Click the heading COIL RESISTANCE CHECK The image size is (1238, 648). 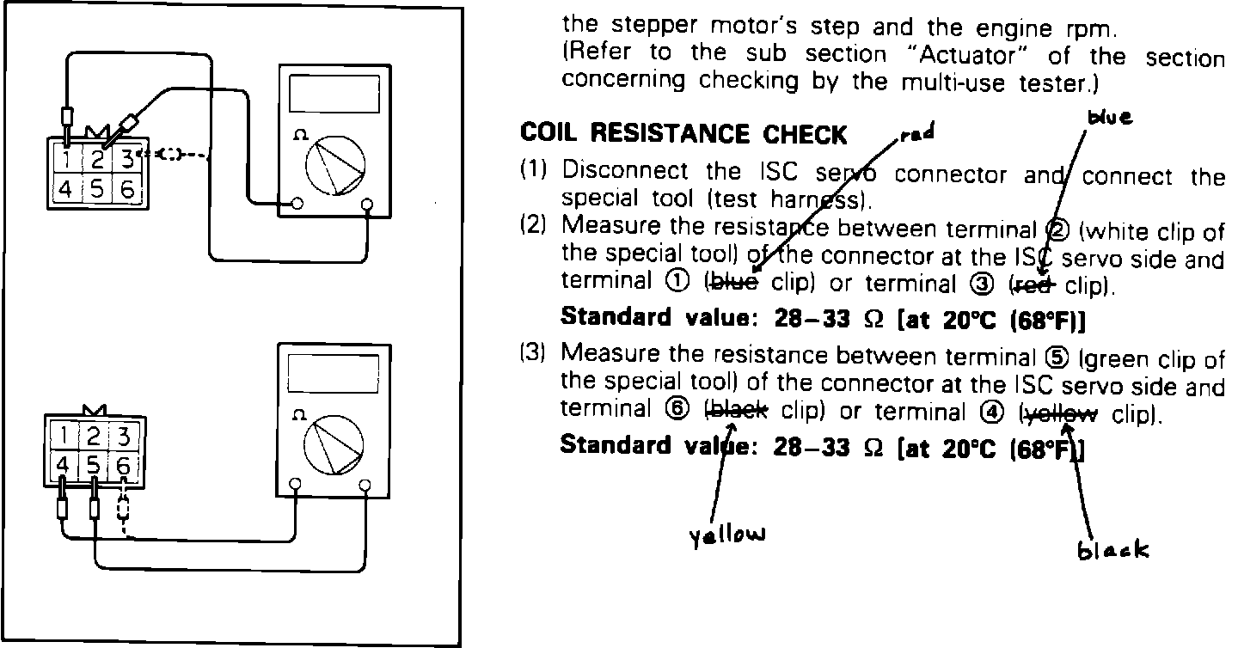click(x=683, y=135)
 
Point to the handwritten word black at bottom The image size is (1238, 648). click(x=1112, y=548)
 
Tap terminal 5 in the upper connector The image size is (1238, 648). click(x=97, y=189)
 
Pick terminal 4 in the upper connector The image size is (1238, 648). click(x=65, y=189)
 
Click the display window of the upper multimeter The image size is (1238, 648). click(x=334, y=93)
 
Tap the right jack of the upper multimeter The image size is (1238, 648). click(x=368, y=205)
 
